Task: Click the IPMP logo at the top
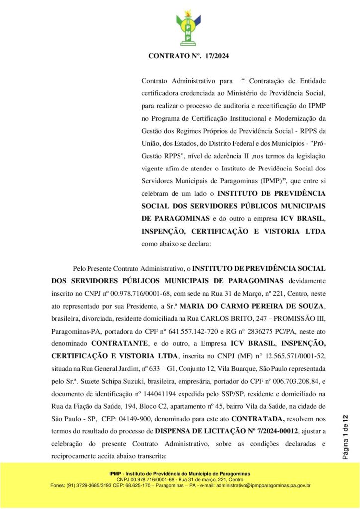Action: (x=188, y=28)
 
